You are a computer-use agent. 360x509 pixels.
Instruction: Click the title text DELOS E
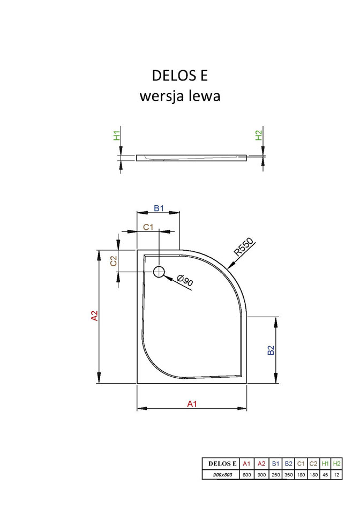pyautogui.click(x=179, y=76)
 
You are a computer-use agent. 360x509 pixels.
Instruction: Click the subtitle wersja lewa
pyautogui.click(x=180, y=96)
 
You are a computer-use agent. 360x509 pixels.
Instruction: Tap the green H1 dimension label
pyautogui.click(x=117, y=136)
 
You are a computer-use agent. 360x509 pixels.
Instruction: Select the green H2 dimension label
pyautogui.click(x=258, y=135)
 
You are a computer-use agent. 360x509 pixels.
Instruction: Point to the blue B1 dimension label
pyautogui.click(x=159, y=208)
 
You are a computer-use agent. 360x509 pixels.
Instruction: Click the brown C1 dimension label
pyautogui.click(x=148, y=227)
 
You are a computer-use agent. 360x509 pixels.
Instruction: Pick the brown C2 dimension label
pyautogui.click(x=113, y=261)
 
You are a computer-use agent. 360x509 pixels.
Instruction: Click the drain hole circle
pyautogui.click(x=159, y=272)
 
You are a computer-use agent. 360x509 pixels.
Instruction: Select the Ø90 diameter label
pyautogui.click(x=185, y=280)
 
